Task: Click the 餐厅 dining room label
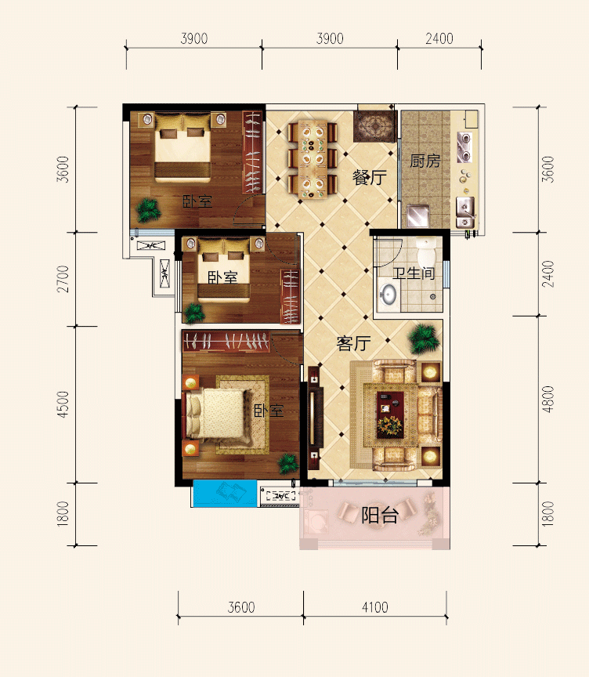(370, 177)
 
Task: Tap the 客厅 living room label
(353, 343)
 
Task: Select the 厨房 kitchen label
(425, 161)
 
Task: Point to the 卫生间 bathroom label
(414, 273)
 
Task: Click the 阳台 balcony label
(380, 515)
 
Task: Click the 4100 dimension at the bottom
(375, 607)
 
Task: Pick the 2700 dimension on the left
(63, 279)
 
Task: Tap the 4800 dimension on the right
(547, 400)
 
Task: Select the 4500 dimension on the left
(63, 404)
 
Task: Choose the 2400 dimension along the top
(439, 38)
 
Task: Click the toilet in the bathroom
(426, 252)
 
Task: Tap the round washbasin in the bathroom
(388, 295)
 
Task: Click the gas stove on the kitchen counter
(464, 147)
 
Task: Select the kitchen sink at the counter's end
(465, 212)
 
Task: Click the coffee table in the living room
(390, 415)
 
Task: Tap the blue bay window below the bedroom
(224, 493)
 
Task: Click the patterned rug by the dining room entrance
(374, 126)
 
